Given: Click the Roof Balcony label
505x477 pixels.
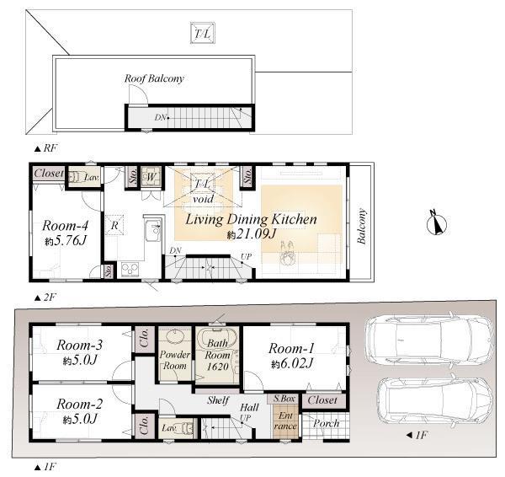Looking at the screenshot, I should pos(154,78).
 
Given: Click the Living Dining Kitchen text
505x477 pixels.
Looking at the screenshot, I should pos(251,219).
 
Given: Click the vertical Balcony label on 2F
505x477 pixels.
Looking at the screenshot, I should pos(362,227).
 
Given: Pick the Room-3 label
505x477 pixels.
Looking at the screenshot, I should pos(79,345).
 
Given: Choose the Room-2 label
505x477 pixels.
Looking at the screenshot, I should pos(79,404).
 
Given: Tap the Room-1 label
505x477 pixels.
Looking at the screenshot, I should pos(291,348).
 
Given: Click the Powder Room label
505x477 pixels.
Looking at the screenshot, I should pos(175,360).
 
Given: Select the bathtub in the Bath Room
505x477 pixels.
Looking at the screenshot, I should pos(219,341).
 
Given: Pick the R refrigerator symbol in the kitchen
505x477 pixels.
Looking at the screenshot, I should pos(114,225).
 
